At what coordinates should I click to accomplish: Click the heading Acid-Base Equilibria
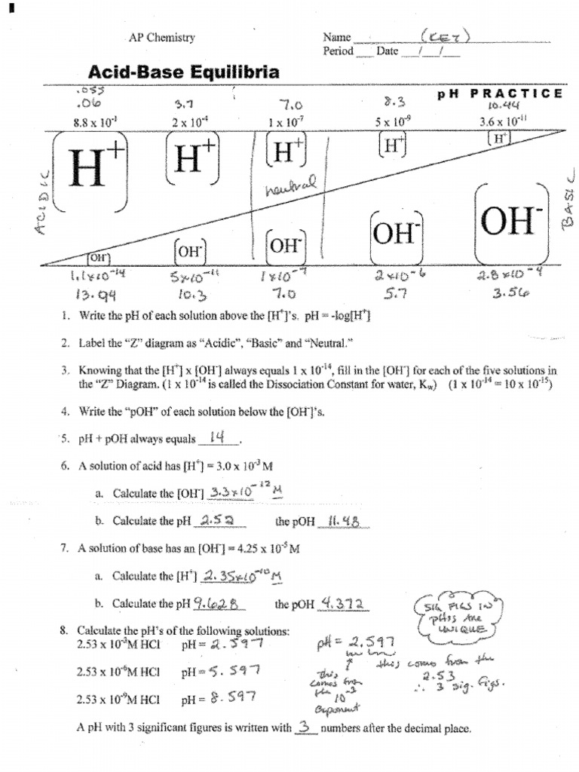point(184,72)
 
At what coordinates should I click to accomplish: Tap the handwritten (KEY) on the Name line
point(446,36)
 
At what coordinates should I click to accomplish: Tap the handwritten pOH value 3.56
point(510,295)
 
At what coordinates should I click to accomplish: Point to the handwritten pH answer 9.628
point(216,603)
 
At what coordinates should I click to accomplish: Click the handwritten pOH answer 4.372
point(343,603)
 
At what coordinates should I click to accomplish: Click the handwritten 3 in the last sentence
point(304,728)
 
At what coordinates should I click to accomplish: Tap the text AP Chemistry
point(161,37)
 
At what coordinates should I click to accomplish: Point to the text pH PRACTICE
point(500,93)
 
